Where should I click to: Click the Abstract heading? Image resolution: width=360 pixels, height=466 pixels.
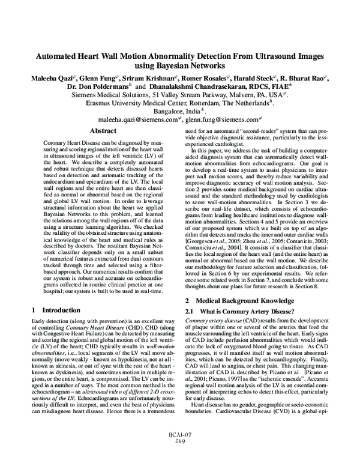[102, 130]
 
